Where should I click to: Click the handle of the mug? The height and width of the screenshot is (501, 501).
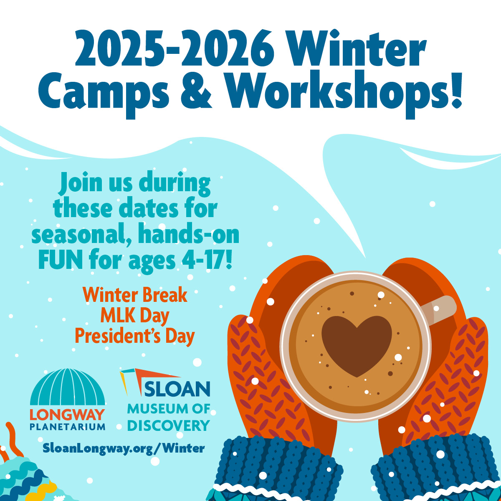pos(439,309)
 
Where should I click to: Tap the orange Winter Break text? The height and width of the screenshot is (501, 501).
pos(135,295)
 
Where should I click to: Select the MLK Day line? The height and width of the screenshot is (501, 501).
pos(135,316)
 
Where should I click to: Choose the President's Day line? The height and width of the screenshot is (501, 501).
pos(135,337)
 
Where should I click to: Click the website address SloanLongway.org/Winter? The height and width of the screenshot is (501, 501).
pos(124,448)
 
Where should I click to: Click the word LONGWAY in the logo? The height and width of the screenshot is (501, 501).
pos(67,415)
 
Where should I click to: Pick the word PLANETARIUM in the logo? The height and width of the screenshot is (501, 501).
pos(67,427)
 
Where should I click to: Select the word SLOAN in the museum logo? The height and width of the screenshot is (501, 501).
pos(177,389)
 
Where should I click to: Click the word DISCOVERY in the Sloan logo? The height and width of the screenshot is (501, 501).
pos(169,425)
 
